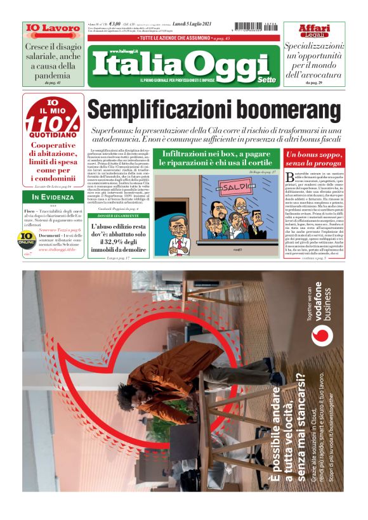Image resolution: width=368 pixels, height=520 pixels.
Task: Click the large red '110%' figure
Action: click(x=53, y=122)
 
